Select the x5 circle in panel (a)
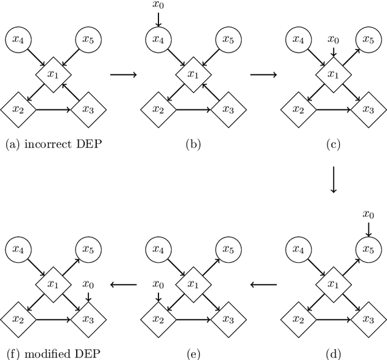[88, 40]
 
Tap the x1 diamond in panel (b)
[193, 75]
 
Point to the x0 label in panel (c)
[333, 39]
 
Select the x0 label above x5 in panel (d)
[368, 214]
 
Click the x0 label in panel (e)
[158, 283]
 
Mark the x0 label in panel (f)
[88, 283]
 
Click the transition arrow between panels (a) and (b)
[123, 74]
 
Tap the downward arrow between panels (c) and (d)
[333, 179]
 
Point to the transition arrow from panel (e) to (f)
[123, 283]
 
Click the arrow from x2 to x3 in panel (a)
[53, 109]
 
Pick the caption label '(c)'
[333, 144]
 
